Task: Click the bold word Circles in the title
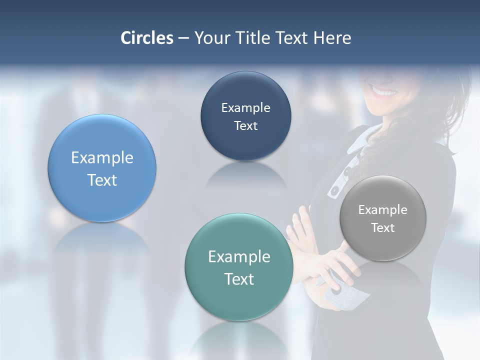tap(146, 38)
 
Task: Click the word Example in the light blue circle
tap(102, 158)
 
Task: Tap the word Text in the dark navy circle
tap(245, 125)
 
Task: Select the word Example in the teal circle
tap(239, 257)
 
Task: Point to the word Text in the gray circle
tap(383, 228)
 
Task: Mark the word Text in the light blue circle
tap(102, 180)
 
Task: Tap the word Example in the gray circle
tap(383, 210)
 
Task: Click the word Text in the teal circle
tap(239, 279)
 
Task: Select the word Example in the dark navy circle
tap(245, 108)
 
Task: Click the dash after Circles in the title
tap(183, 38)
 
